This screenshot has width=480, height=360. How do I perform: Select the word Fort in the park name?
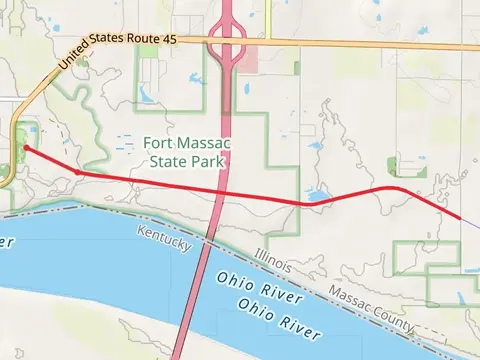(x=159, y=143)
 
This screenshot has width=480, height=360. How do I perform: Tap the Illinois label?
(x=272, y=263)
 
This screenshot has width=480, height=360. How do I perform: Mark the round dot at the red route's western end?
(x=25, y=148)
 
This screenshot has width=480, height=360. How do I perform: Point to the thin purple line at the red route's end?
(x=470, y=225)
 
